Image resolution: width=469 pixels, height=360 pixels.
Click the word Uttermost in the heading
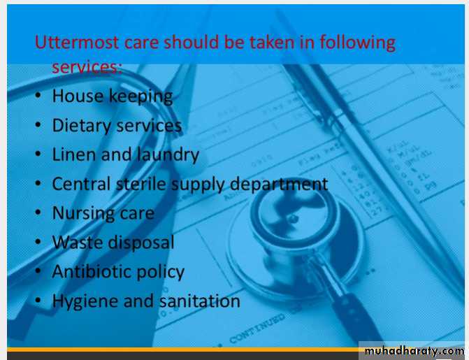click(x=77, y=42)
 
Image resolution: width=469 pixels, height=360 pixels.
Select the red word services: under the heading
click(x=87, y=67)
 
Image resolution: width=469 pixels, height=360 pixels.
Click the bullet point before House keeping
click(x=38, y=96)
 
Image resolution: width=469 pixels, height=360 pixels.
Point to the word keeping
click(x=140, y=97)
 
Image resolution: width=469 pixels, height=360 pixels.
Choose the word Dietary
click(x=81, y=126)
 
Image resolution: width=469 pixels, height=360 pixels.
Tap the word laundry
click(x=168, y=155)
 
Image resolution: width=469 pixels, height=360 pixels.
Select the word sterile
click(x=140, y=184)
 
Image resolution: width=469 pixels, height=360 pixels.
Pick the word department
click(x=279, y=185)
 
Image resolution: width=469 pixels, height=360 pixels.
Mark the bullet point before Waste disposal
click(x=38, y=241)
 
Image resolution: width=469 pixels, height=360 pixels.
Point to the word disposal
click(x=141, y=243)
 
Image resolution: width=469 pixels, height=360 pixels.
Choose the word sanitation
click(x=199, y=301)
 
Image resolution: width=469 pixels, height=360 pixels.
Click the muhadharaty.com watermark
click(x=414, y=351)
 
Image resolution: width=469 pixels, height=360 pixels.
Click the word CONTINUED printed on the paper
click(x=257, y=329)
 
